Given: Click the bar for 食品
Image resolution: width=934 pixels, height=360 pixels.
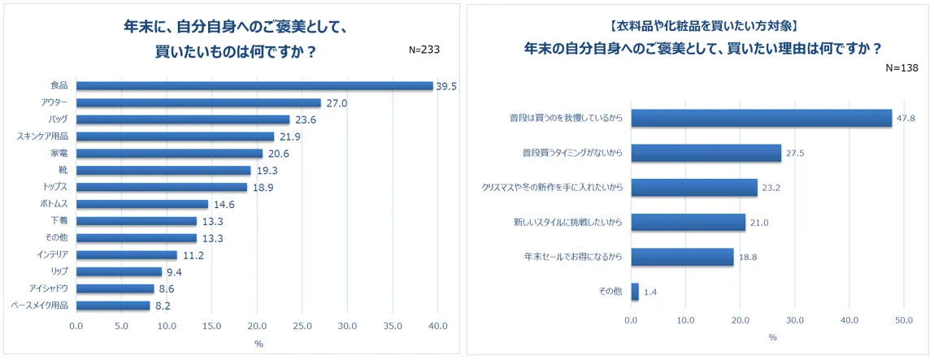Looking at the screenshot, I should [x=254, y=86].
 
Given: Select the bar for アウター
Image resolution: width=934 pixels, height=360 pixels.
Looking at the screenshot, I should [x=198, y=103].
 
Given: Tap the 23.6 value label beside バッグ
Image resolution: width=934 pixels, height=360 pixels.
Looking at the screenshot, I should [x=305, y=120].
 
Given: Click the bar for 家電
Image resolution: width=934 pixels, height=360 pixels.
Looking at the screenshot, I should [x=169, y=154].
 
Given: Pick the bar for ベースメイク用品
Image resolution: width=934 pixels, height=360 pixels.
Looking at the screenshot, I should [x=113, y=306].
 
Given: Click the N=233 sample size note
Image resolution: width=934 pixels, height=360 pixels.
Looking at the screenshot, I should [x=424, y=49].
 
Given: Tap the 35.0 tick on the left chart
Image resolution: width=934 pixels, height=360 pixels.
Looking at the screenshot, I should [x=393, y=327].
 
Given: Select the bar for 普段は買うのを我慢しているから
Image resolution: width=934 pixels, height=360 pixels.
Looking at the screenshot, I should [x=762, y=119].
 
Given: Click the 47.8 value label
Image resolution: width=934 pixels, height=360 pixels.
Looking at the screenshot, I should [x=906, y=119].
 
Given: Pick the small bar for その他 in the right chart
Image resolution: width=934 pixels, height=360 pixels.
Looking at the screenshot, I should [x=635, y=292].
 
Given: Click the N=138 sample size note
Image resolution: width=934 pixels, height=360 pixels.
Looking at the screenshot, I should [x=901, y=67].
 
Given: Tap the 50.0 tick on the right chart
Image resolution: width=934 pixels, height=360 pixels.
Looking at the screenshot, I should [x=903, y=319].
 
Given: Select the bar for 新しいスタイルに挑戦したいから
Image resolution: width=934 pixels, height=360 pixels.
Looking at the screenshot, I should [x=689, y=223].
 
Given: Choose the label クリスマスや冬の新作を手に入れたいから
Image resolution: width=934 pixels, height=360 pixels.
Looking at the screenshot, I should [x=552, y=188].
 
